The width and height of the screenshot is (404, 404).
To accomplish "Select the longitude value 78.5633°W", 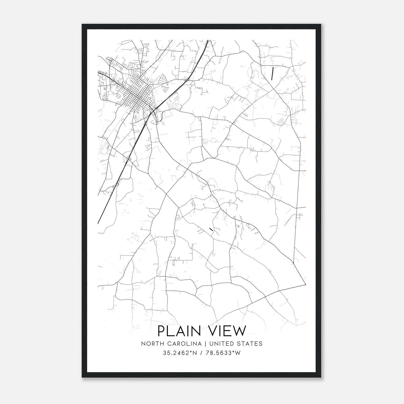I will (222, 353).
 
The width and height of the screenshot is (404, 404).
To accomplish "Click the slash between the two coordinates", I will (201, 353).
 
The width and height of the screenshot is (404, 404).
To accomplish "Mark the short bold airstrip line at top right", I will (272, 73).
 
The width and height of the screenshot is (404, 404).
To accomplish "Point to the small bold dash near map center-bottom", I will (211, 229).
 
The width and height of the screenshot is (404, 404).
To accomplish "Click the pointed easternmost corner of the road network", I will (305, 285).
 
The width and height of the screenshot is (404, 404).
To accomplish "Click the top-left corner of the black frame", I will (82, 24).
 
